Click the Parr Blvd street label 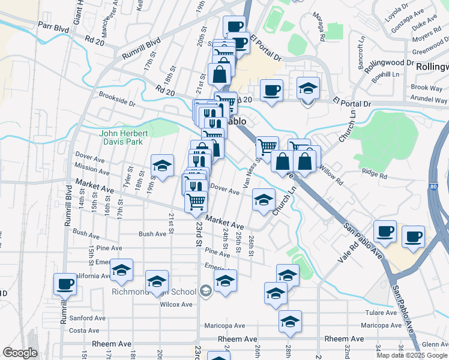click(52, 26)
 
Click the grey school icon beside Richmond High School click(206, 292)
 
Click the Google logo click(20, 352)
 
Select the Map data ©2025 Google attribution click(411, 355)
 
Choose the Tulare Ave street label click(381, 313)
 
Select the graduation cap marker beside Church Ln click(264, 200)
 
